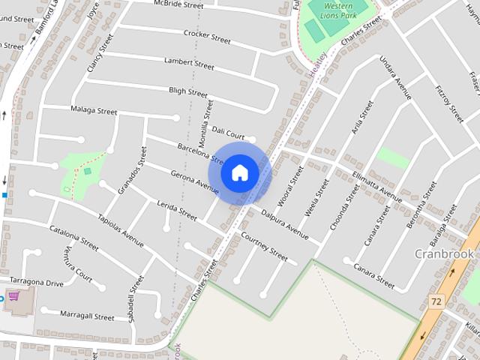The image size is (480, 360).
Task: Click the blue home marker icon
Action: [x=239, y=172]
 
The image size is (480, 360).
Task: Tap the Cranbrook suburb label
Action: [x=445, y=253]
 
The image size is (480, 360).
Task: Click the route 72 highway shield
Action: [x=436, y=301]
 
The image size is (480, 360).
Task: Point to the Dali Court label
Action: [x=228, y=132]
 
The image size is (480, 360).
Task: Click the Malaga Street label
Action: [x=94, y=110]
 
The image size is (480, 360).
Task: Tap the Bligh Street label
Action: [x=187, y=91]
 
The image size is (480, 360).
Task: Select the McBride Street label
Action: [x=178, y=4]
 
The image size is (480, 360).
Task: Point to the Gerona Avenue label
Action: [x=193, y=183]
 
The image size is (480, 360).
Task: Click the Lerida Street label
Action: [x=177, y=209]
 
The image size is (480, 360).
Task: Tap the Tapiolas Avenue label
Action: [x=120, y=231]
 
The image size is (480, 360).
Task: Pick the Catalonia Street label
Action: [x=73, y=238]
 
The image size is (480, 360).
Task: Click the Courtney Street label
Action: [x=264, y=246]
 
